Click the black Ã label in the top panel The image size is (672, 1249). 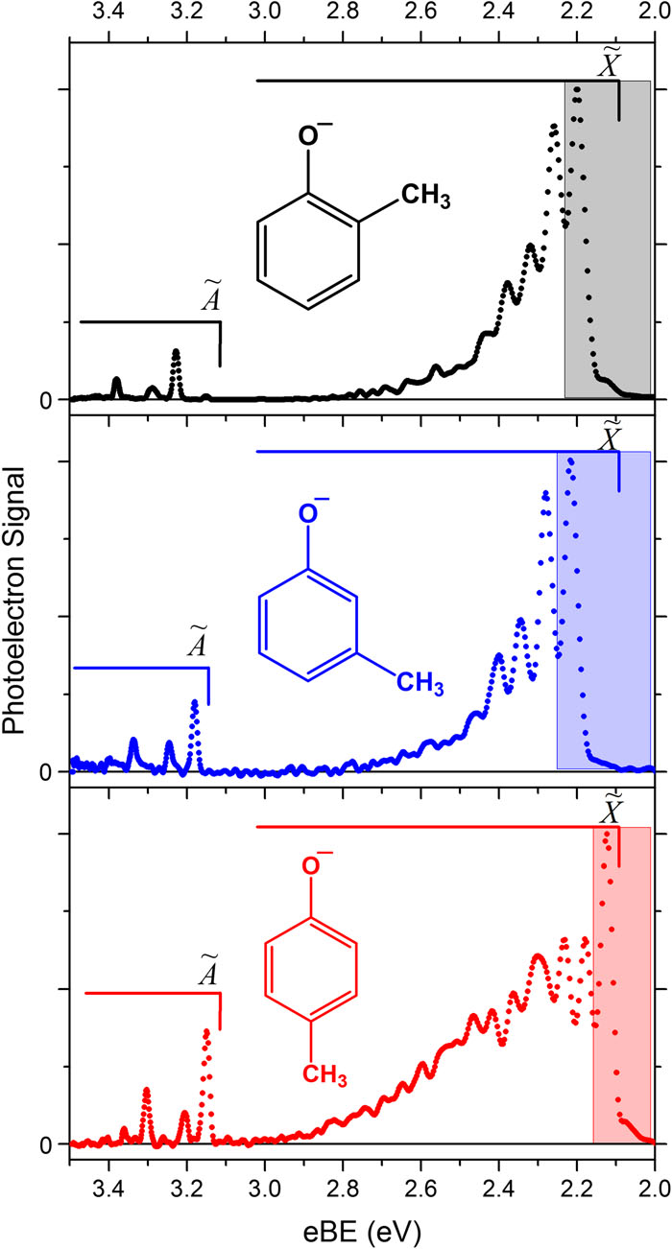[x=213, y=299]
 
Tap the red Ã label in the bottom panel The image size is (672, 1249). [x=212, y=973]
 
